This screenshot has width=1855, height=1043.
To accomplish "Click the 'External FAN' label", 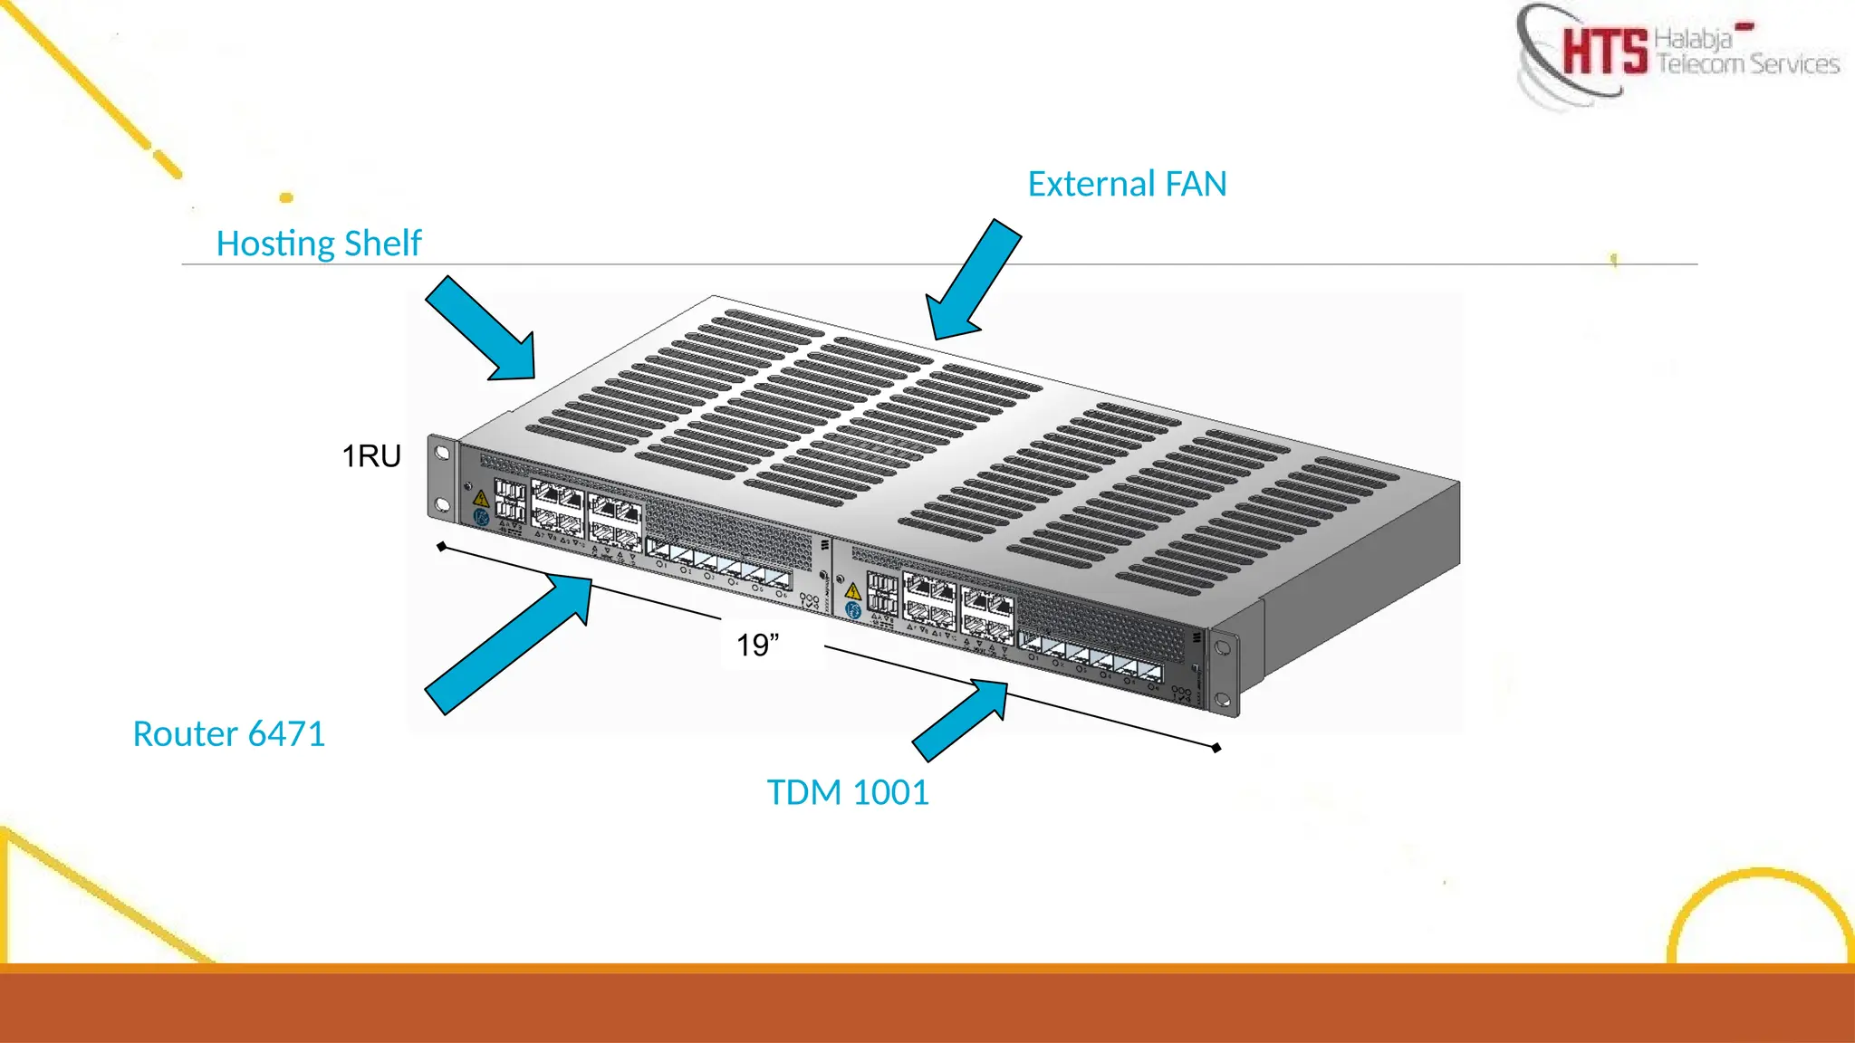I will pyautogui.click(x=1127, y=184).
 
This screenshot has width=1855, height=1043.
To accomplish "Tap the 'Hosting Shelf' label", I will pyautogui.click(x=319, y=244).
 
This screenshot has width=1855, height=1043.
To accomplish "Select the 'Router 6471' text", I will pyautogui.click(x=228, y=733).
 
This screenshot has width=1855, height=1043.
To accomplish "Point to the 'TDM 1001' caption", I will pyautogui.click(x=848, y=792).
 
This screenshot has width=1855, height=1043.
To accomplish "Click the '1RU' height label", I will pyautogui.click(x=371, y=456).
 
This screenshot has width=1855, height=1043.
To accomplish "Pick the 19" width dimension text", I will pyautogui.click(x=757, y=646).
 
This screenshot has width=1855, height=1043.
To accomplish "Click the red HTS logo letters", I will pyautogui.click(x=1604, y=52).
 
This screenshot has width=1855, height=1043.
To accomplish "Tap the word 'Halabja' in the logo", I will pyautogui.click(x=1692, y=39).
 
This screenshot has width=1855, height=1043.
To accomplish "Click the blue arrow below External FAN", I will pyautogui.click(x=973, y=281).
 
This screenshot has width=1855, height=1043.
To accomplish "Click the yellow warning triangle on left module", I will pyautogui.click(x=481, y=498).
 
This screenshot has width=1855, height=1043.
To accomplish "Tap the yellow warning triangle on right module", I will pyautogui.click(x=852, y=591).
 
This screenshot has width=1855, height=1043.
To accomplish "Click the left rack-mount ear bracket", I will pyautogui.click(x=442, y=478).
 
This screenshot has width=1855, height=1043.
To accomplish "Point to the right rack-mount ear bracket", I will pyautogui.click(x=1224, y=673).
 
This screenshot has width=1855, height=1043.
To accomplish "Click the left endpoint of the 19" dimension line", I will pyautogui.click(x=442, y=547).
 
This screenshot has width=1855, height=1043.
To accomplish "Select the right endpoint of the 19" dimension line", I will pyautogui.click(x=1216, y=748).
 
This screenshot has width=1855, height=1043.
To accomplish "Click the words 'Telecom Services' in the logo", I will pyautogui.click(x=1748, y=64).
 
